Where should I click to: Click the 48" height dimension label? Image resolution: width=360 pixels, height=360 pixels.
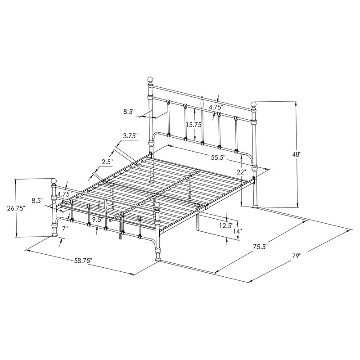(x=297, y=154)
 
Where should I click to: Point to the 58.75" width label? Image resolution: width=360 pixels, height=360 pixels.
(x=83, y=261)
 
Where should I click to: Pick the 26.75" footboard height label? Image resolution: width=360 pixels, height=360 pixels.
(x=16, y=208)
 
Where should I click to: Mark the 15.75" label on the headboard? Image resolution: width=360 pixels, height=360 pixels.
(x=194, y=125)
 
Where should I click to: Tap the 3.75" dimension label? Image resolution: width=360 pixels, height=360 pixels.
(x=130, y=136)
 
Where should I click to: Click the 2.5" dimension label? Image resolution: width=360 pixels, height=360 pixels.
(x=107, y=162)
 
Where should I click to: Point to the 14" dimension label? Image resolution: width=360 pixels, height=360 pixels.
(x=237, y=231)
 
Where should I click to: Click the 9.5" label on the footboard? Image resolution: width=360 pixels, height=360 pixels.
(x=96, y=220)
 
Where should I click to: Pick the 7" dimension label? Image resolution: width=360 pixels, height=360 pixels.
(x=65, y=229)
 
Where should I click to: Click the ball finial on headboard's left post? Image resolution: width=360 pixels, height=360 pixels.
(x=151, y=81)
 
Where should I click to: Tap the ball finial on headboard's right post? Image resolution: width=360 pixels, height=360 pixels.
(x=254, y=104)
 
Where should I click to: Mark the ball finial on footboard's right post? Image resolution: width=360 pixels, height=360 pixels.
(x=157, y=207)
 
